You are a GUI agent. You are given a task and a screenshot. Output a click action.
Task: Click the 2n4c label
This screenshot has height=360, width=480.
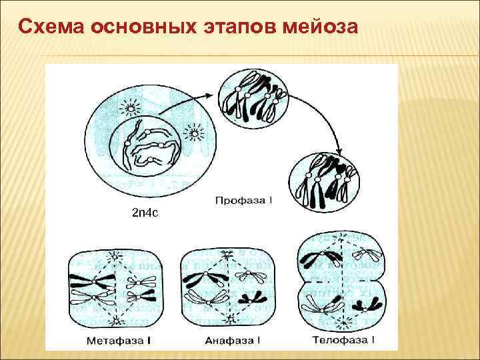point(145,213)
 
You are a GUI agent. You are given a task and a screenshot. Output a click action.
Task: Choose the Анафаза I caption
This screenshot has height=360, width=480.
point(229,341)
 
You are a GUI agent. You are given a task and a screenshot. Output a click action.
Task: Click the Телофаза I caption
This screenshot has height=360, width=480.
point(343,340)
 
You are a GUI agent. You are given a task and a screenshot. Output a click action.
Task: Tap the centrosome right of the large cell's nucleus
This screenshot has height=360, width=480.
point(195,134)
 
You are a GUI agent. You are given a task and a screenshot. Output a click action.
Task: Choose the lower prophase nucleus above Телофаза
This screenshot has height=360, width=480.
point(326,180)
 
